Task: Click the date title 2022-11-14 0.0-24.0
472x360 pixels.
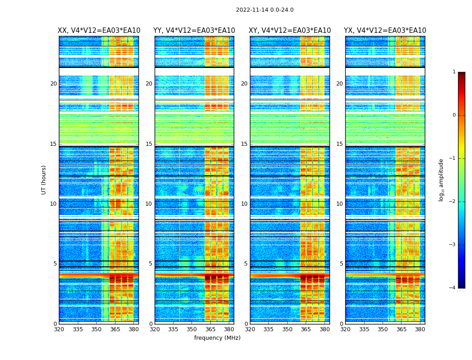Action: click(x=265, y=10)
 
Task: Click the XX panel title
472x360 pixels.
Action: click(x=99, y=31)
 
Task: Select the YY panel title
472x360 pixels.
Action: click(x=194, y=31)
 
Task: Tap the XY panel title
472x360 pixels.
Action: click(x=290, y=31)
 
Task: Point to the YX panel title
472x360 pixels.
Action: click(x=385, y=31)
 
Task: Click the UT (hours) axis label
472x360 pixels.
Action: click(x=44, y=180)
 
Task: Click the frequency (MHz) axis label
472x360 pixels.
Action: click(x=217, y=338)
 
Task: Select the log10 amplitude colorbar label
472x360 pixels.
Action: click(x=441, y=180)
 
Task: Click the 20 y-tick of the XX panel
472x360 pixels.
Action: click(x=53, y=84)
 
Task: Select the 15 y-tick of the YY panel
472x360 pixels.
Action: click(x=149, y=144)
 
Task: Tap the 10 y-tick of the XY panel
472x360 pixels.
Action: click(x=244, y=204)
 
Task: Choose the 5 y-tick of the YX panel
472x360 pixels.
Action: click(x=341, y=264)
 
